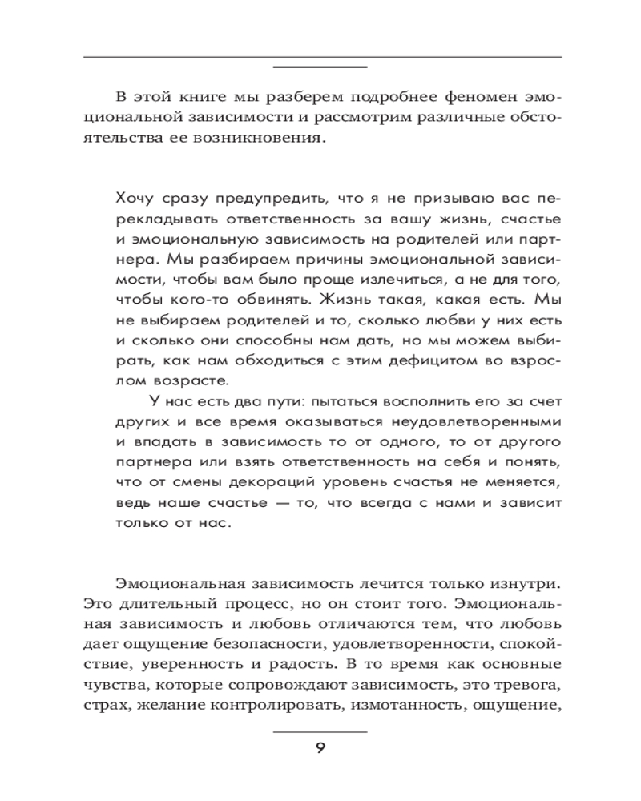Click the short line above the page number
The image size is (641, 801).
click(x=320, y=731)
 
